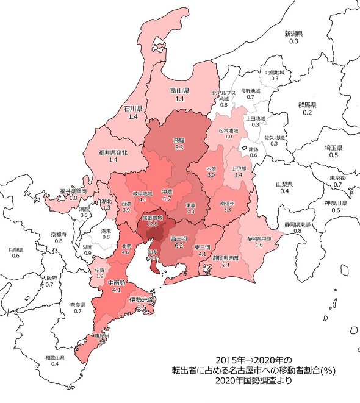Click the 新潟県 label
click(295, 33)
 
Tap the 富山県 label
click(180, 90)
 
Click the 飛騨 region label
click(179, 140)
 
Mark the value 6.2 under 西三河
click(179, 245)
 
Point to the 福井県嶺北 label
click(112, 152)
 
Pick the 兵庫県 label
click(16, 249)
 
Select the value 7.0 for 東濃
click(190, 212)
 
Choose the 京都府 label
click(59, 234)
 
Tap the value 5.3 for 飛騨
click(179, 148)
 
